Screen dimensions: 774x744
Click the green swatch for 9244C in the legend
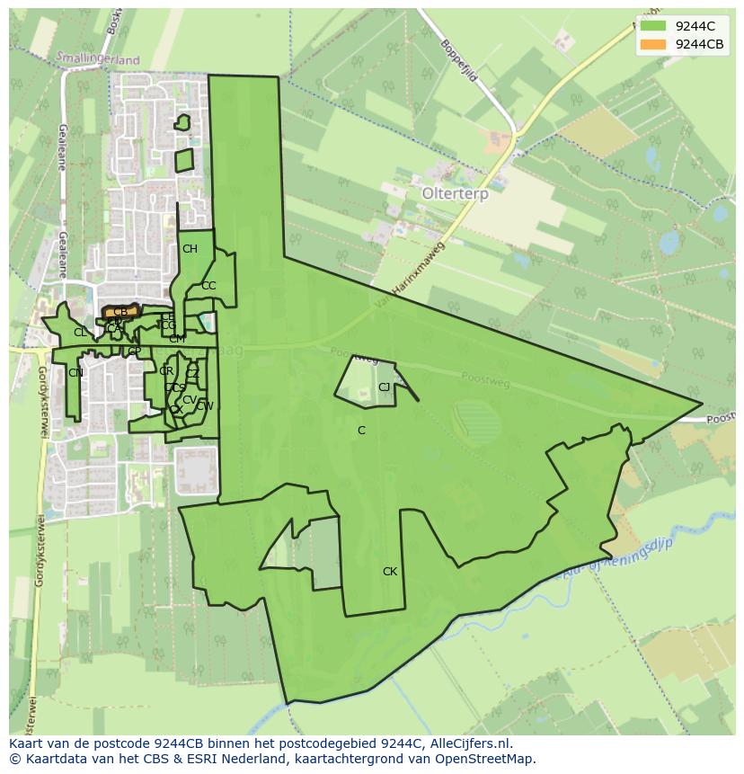(653, 26)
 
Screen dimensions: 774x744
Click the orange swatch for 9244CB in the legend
(653, 44)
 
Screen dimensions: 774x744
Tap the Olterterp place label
(454, 193)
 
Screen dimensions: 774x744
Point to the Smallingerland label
(98, 59)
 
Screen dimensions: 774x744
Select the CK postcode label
(390, 572)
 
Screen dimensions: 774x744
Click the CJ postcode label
(385, 387)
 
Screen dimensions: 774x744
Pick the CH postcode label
(190, 249)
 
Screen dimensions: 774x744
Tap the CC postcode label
(208, 286)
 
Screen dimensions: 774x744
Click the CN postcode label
(75, 373)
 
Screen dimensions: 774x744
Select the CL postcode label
(80, 333)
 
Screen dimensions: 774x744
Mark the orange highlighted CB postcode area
(120, 311)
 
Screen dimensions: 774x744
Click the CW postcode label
(205, 406)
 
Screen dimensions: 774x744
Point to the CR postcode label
(166, 371)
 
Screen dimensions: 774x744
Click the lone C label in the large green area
(361, 431)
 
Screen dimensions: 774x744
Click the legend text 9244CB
(700, 44)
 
